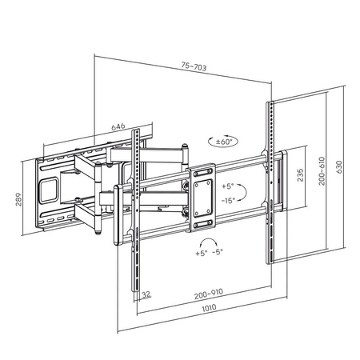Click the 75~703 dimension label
point(194,67)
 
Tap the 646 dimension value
point(118,126)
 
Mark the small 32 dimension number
point(146,294)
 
